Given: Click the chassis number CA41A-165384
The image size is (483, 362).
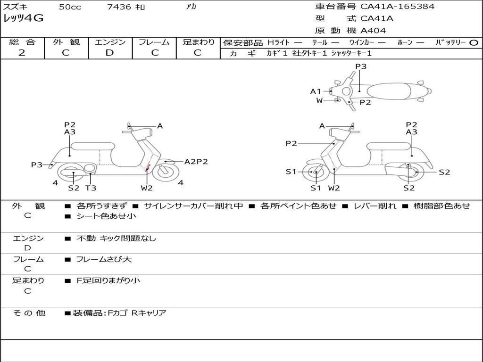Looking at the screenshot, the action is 397,6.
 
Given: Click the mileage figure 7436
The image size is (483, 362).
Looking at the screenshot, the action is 119,7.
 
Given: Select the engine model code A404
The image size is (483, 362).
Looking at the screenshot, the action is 373,31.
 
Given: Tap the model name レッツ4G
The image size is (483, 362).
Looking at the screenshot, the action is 23,18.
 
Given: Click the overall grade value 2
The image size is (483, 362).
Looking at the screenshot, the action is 22,53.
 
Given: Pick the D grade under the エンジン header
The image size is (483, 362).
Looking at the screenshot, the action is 109,53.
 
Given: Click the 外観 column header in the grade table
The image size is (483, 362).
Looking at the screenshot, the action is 66,42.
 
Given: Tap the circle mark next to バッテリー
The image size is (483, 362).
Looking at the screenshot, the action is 474,43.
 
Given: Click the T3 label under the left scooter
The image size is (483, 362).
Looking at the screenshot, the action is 91,188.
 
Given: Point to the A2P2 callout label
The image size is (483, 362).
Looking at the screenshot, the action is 196,162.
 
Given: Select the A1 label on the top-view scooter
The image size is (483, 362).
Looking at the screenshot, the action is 316,91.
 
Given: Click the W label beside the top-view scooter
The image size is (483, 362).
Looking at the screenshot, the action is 319,100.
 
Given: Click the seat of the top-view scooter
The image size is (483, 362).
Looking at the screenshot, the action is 389,91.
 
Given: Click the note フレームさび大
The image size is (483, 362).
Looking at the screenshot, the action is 104,260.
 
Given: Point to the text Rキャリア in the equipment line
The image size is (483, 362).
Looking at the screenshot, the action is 149,313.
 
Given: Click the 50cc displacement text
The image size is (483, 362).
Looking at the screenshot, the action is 70,7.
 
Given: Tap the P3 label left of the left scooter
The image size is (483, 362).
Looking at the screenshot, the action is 37,165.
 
